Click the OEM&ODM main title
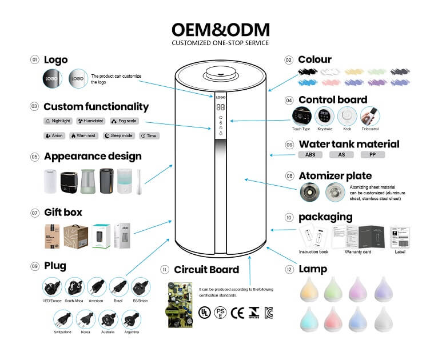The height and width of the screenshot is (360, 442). tap(221, 30)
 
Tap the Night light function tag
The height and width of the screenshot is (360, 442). tap(58, 121)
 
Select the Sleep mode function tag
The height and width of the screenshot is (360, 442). tap(119, 136)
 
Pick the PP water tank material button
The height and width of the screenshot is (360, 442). tap(373, 155)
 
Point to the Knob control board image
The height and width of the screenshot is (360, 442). tap(347, 117)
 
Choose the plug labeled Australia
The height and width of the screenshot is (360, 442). tap(108, 319)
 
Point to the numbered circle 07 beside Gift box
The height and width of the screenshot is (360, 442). tap(34, 213)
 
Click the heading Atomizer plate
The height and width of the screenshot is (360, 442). tap(335, 176)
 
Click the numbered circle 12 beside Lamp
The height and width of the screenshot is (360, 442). tap(289, 269)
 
